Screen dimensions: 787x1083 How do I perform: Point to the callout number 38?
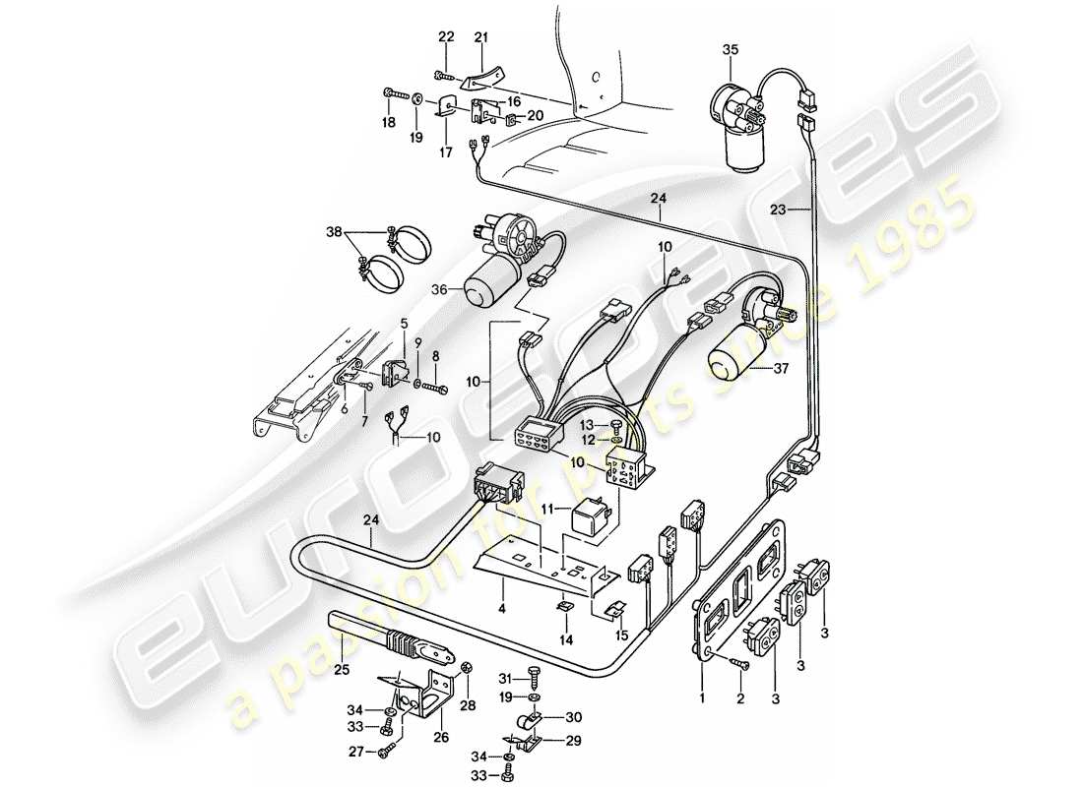point(334,232)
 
